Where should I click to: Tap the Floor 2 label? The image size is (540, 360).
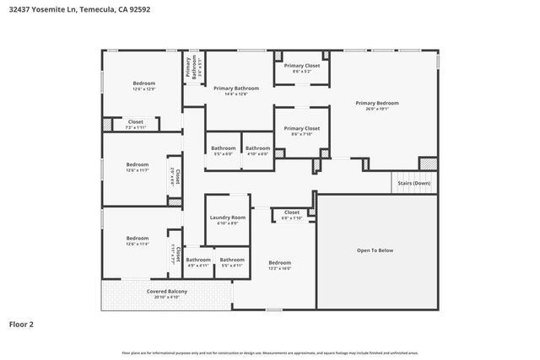(x=22, y=323)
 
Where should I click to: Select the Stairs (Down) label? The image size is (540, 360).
(x=414, y=183)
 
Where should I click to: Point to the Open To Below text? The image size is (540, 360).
(x=375, y=250)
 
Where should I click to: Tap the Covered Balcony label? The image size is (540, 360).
(x=167, y=291)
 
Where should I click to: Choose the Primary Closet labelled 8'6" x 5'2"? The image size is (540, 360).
(x=301, y=66)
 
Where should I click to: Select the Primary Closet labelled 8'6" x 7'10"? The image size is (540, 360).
(x=301, y=128)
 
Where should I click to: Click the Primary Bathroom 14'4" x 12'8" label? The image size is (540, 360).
(x=235, y=89)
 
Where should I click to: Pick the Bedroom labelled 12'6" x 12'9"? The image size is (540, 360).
(x=143, y=83)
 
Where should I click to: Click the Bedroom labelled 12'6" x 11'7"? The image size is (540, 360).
(x=137, y=164)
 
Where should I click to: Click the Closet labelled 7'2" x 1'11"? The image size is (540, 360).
(x=136, y=122)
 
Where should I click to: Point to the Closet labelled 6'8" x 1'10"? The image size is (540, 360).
(x=292, y=212)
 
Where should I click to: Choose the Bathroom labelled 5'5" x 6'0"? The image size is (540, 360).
(x=223, y=148)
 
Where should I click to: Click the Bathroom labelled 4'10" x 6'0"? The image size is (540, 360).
(x=257, y=148)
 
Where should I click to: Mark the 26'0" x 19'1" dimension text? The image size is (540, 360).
(x=382, y=109)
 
